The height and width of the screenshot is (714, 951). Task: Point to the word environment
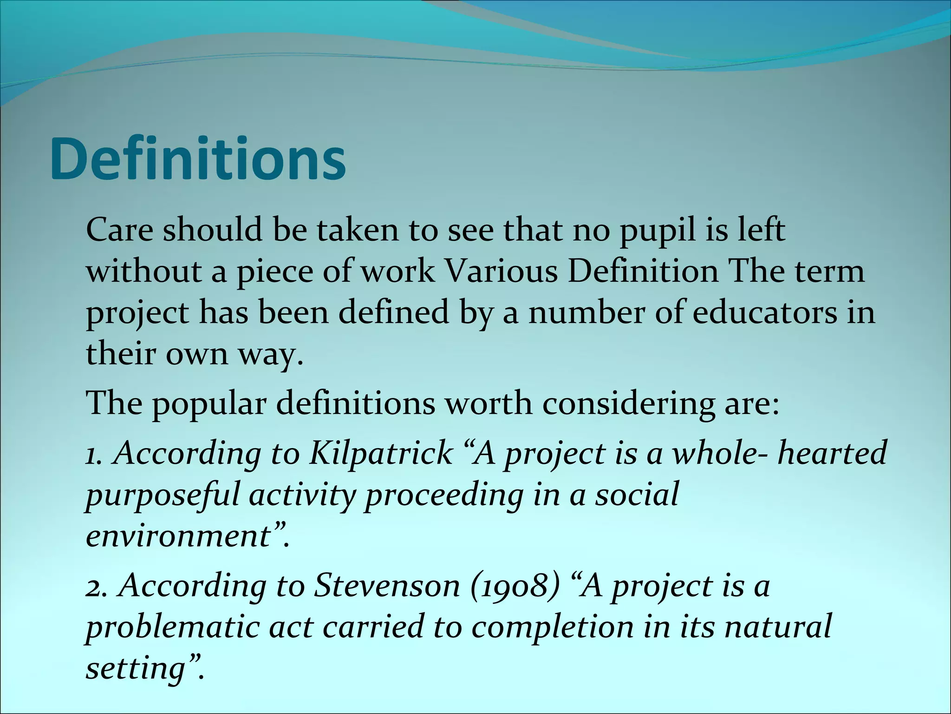[x=178, y=535]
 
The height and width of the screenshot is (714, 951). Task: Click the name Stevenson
[x=387, y=586]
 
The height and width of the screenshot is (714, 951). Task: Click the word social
[x=637, y=494]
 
